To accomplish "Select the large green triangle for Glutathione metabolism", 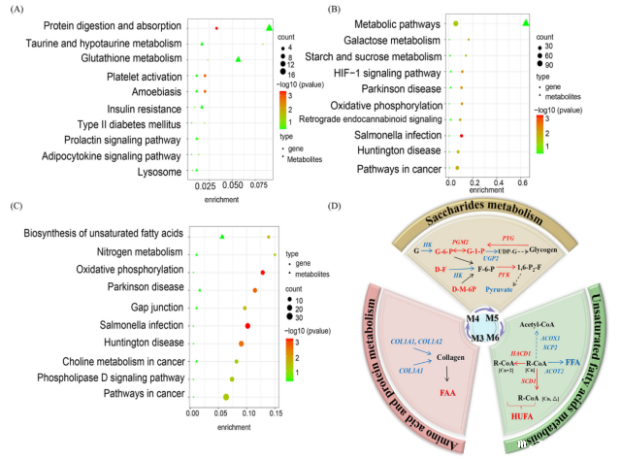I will pyautogui.click(x=239, y=59).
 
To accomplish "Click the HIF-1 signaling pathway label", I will pyautogui.click(x=377, y=72).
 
